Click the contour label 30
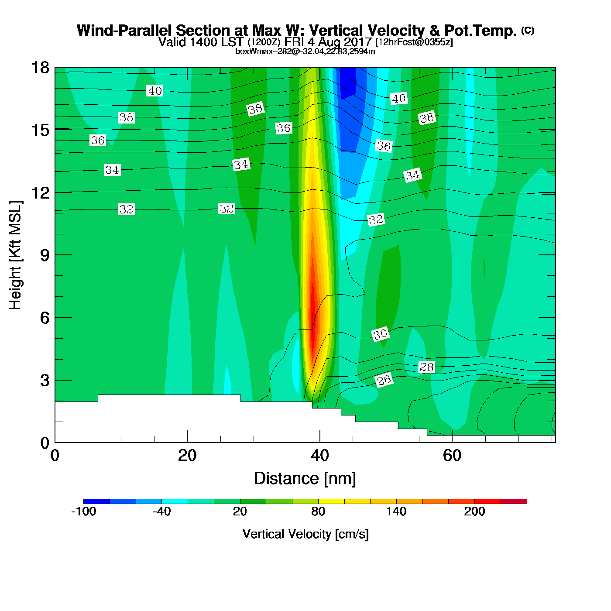coord(380,334)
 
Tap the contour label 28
coord(426,367)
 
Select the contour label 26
coord(384,380)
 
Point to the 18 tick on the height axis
coord(40,68)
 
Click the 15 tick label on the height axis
coord(40,130)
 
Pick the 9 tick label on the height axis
coord(45,255)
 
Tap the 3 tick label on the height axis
coord(45,381)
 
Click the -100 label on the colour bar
coord(83,511)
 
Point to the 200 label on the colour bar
coord(474,511)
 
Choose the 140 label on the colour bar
coord(396,511)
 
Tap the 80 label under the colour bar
coord(318,511)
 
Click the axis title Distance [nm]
coord(305,479)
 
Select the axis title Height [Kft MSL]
coord(15,255)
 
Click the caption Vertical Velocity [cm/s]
coord(305,534)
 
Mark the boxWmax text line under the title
coord(305,51)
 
